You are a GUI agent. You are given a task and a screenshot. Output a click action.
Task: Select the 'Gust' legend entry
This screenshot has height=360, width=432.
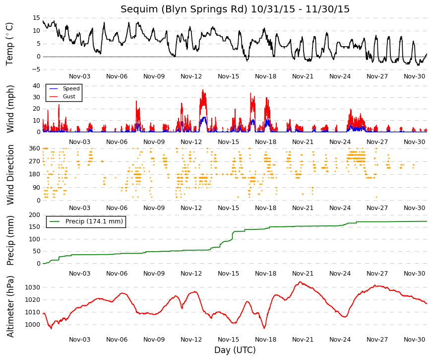(x=69, y=96)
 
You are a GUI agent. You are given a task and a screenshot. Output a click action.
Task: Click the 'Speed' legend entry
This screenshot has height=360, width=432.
(x=71, y=89)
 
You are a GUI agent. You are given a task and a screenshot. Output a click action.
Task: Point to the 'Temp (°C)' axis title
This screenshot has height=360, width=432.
(x=10, y=43)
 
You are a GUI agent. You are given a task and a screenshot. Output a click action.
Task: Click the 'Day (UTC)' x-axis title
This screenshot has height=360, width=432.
(x=235, y=350)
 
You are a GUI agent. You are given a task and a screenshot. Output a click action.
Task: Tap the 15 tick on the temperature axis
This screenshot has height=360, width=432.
(x=37, y=17)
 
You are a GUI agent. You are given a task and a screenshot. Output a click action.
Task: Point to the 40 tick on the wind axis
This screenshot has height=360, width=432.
(x=36, y=85)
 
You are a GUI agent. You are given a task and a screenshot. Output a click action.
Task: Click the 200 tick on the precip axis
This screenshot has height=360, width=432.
(x=34, y=215)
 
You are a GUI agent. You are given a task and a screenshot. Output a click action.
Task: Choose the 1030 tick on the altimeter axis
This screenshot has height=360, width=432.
(x=33, y=287)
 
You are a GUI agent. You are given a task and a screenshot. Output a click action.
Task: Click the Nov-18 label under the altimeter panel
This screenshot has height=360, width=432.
(x=265, y=340)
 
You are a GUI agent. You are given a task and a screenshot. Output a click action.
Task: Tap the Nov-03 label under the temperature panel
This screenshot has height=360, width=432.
(x=79, y=76)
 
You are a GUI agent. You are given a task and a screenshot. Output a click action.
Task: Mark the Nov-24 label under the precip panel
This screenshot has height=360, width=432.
(x=340, y=274)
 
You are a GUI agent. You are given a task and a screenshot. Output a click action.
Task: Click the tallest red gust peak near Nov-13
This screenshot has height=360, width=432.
(x=202, y=90)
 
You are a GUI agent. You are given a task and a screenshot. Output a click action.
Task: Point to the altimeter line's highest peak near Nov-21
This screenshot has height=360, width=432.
(x=300, y=282)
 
